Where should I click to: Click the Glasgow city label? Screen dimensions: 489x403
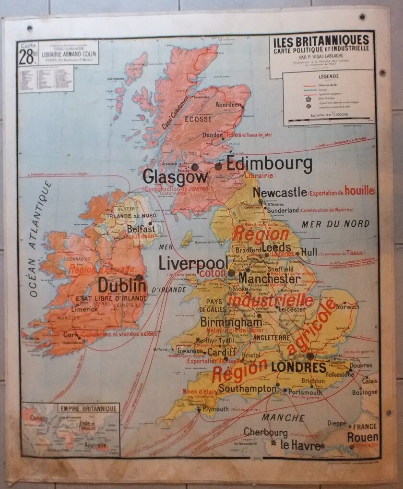pyautogui.click(x=175, y=177)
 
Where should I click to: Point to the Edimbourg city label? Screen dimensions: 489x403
pyautogui.click(x=269, y=163)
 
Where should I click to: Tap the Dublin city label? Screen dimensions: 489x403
pyautogui.click(x=122, y=285)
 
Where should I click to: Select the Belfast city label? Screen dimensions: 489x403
pyautogui.click(x=140, y=230)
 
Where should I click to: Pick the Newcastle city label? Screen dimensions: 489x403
pyautogui.click(x=279, y=193)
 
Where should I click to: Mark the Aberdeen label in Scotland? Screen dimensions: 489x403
pyautogui.click(x=228, y=104)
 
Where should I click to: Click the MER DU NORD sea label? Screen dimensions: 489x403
pyautogui.click(x=335, y=224)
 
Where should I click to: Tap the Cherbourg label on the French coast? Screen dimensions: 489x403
pyautogui.click(x=265, y=432)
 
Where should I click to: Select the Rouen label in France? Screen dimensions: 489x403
pyautogui.click(x=363, y=438)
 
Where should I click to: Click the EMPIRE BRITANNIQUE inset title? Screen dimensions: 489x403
pyautogui.click(x=87, y=409)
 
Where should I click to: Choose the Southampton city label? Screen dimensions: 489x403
pyautogui.click(x=247, y=388)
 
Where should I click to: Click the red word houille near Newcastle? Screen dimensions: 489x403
pyautogui.click(x=359, y=191)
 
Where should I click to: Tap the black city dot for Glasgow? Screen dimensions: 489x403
pyautogui.click(x=195, y=167)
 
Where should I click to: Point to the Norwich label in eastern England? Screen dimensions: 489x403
pyautogui.click(x=347, y=306)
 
